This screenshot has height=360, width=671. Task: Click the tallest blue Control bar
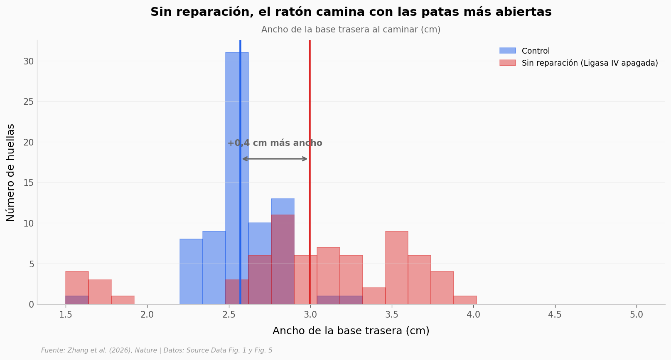click(237, 178)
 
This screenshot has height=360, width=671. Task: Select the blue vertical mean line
click(240, 172)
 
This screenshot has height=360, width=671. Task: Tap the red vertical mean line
click(310, 172)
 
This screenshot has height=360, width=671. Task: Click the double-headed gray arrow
click(275, 159)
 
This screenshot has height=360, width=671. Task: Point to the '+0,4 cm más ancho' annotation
click(275, 143)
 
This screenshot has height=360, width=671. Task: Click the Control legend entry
click(525, 51)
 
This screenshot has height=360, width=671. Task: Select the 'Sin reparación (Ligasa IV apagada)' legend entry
click(579, 63)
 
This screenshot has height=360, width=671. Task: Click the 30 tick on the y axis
click(28, 62)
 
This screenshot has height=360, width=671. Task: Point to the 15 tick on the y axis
click(28, 183)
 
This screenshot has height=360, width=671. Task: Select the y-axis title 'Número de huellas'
click(10, 173)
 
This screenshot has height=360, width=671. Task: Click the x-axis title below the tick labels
click(351, 330)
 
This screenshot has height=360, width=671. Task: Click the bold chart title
click(351, 12)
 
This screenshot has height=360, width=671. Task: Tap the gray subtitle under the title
click(351, 30)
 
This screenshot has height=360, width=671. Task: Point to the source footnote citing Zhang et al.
click(157, 350)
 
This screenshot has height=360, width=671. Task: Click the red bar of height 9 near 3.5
click(397, 268)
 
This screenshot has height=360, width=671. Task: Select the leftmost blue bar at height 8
click(191, 271)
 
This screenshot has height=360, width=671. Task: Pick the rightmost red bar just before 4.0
click(465, 301)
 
